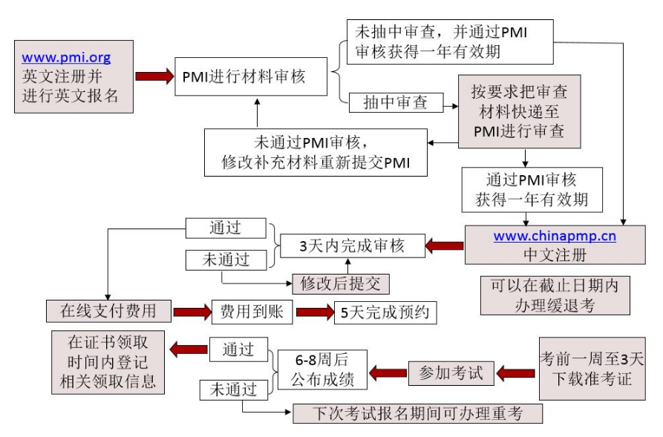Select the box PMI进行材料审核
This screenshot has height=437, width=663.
point(250,77)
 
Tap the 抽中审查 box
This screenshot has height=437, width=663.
point(395,103)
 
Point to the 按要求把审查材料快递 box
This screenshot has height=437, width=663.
point(519,111)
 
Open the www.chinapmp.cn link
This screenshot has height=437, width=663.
point(555,238)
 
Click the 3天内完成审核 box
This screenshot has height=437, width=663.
point(352,246)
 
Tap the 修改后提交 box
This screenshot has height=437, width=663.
point(339,283)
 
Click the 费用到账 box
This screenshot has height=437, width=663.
point(252,312)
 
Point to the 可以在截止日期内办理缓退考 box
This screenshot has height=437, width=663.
point(555,295)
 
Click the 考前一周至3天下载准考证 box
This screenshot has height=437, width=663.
point(592,369)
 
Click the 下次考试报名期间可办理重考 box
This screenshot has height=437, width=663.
point(417,413)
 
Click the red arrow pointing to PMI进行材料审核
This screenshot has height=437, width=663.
point(154,77)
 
